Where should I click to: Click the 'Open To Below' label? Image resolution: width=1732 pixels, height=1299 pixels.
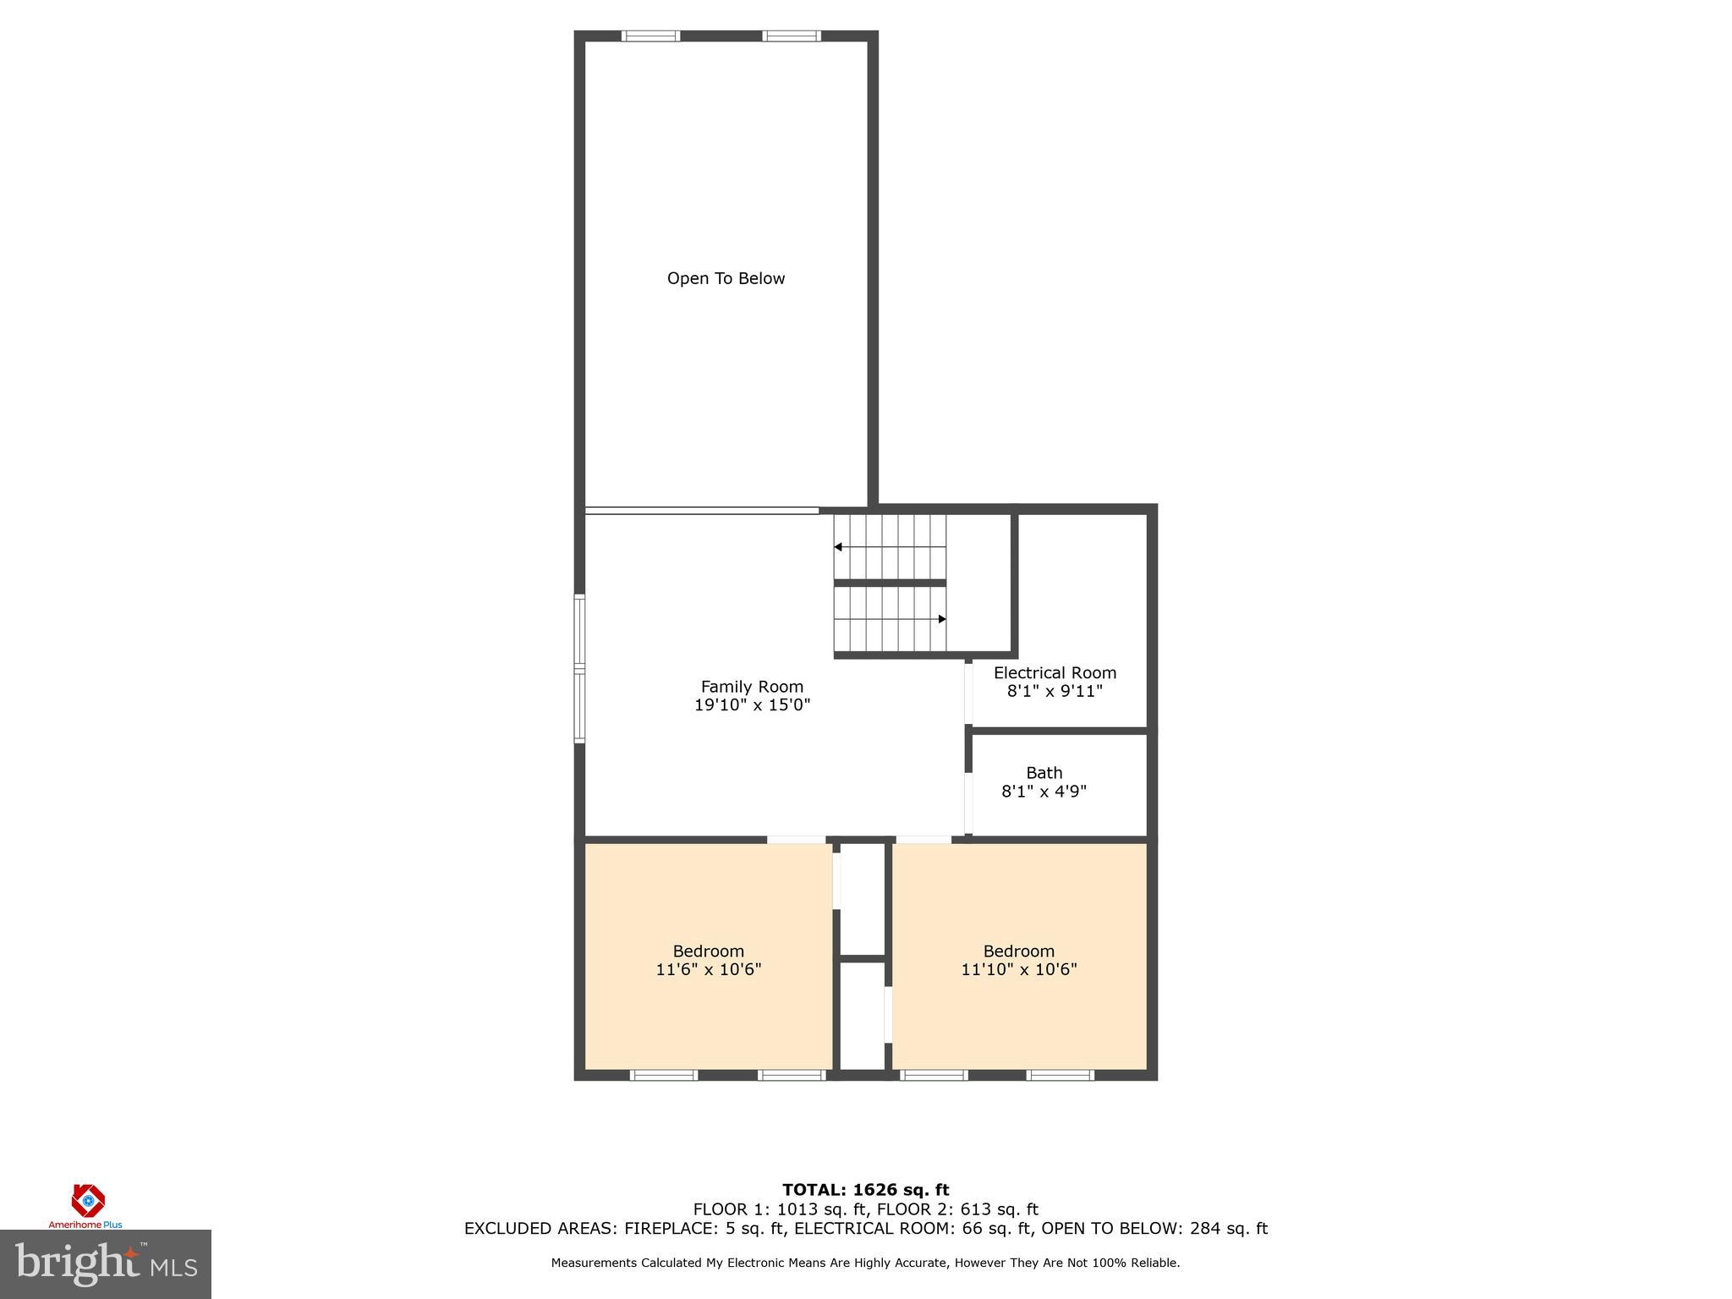[726, 278]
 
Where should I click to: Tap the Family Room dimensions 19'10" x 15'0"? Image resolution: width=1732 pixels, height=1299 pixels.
[752, 705]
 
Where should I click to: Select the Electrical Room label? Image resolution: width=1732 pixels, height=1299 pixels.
[1055, 673]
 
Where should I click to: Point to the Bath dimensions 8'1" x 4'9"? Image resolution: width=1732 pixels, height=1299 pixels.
[1044, 792]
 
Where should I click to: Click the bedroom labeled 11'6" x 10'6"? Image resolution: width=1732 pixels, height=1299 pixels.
[709, 961]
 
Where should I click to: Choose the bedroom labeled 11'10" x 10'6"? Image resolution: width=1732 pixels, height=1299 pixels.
[1018, 961]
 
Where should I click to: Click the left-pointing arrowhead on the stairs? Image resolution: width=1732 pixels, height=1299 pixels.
[838, 547]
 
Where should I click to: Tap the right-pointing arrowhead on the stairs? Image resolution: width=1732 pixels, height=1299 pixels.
[942, 619]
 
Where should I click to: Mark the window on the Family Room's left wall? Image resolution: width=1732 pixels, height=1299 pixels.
[579, 669]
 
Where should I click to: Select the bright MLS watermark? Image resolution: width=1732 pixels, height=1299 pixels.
[106, 1264]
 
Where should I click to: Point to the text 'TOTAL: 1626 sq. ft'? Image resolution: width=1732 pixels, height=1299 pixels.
[865, 1191]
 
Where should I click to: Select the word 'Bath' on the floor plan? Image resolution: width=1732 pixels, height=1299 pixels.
[1044, 773]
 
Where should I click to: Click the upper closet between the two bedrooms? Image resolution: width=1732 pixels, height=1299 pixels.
[862, 898]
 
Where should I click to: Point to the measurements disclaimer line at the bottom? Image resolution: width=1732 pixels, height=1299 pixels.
[865, 1263]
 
